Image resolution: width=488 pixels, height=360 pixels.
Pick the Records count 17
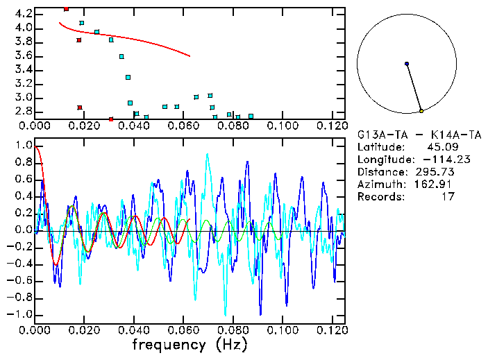448,197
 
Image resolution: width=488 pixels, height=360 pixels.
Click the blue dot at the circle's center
407,64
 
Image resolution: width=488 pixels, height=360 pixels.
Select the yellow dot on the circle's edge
421,111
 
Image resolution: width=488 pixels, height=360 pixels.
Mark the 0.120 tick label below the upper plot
332,126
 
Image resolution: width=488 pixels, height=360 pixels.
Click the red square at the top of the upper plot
66,9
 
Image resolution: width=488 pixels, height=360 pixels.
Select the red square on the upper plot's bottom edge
111,119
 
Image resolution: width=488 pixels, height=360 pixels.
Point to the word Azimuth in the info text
378,185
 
